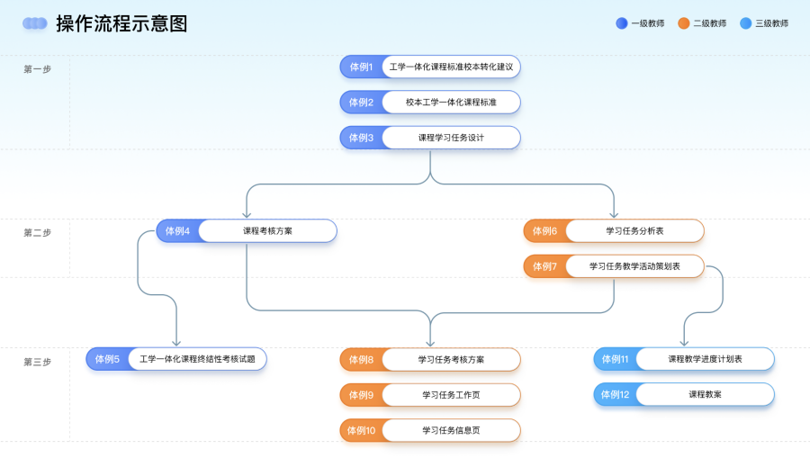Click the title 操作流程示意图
[x=121, y=24]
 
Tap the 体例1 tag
[x=361, y=67]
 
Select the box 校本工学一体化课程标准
[x=451, y=103]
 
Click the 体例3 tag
[x=361, y=138]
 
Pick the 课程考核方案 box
[x=267, y=231]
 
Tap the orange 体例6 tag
[x=544, y=231]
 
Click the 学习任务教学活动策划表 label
[x=634, y=266]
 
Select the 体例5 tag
[x=107, y=359]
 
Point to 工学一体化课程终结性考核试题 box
[x=197, y=359]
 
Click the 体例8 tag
[x=361, y=360]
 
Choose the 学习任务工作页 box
[x=451, y=395]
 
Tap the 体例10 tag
[x=361, y=430]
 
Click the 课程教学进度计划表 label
[x=705, y=359]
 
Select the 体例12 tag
[x=615, y=394]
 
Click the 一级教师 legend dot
[x=621, y=23]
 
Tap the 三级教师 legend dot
[x=745, y=23]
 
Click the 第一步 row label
[x=37, y=69]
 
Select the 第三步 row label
[x=37, y=362]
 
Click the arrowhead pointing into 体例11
[x=684, y=343]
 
